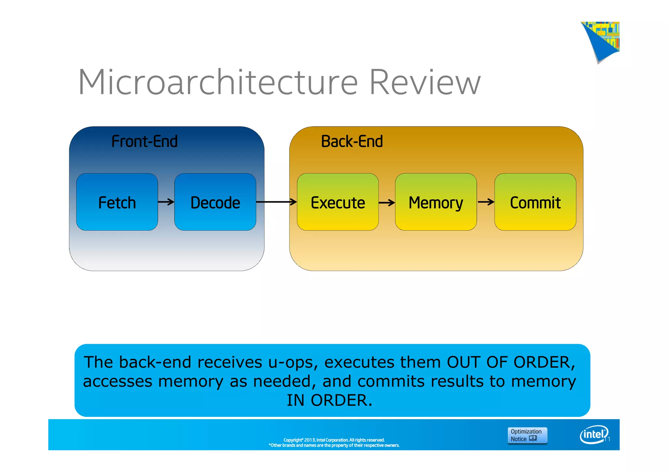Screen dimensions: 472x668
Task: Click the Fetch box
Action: pos(117,202)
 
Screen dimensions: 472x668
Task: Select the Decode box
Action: pos(215,202)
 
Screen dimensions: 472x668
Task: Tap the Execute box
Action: pos(338,202)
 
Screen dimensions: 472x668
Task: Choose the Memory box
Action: pos(436,202)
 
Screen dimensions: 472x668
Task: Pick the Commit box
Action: pos(535,202)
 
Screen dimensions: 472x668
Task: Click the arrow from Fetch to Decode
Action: pos(166,202)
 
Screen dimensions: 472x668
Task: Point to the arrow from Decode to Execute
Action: pos(276,202)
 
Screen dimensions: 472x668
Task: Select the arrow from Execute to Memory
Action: pos(387,203)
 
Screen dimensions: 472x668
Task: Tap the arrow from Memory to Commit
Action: pos(486,202)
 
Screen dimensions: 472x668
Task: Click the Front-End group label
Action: pos(144,142)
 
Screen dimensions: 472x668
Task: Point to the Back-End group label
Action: pos(352,142)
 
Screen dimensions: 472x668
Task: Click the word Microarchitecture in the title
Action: pos(218,82)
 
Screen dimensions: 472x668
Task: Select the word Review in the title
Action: pos(425,82)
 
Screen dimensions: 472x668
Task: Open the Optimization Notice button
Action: pos(527,435)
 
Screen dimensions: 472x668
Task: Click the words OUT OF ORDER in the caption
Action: pos(510,362)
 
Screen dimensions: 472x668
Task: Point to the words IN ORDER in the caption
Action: pos(329,400)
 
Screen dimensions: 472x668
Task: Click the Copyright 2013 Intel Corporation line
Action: pos(334,440)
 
